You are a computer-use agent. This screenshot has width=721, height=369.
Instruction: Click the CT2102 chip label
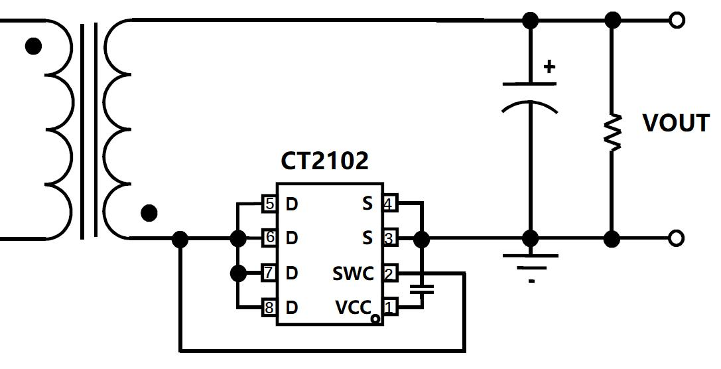[324, 161]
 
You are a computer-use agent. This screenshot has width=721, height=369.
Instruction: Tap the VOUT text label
[676, 123]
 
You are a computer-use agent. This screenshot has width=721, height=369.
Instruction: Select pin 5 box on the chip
[269, 204]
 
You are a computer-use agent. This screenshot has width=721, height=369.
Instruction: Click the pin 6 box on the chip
[269, 238]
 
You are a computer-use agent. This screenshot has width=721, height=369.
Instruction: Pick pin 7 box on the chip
[269, 273]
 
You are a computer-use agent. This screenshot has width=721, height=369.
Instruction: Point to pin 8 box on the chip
[269, 307]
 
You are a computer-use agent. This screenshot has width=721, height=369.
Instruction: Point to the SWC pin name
[353, 273]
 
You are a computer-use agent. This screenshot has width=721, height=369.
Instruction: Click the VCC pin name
[352, 308]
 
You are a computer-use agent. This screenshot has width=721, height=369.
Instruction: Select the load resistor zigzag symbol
[612, 132]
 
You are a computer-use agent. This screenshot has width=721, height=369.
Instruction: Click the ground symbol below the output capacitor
[531, 262]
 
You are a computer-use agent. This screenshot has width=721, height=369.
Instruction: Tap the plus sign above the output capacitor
[549, 66]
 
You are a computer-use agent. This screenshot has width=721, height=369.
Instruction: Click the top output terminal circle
[676, 21]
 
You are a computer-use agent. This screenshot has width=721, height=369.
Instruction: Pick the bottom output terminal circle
[676, 238]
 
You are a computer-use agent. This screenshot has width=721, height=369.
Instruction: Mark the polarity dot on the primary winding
[33, 46]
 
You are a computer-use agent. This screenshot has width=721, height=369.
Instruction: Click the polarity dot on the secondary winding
[150, 213]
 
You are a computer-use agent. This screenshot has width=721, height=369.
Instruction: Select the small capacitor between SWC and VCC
[421, 289]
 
